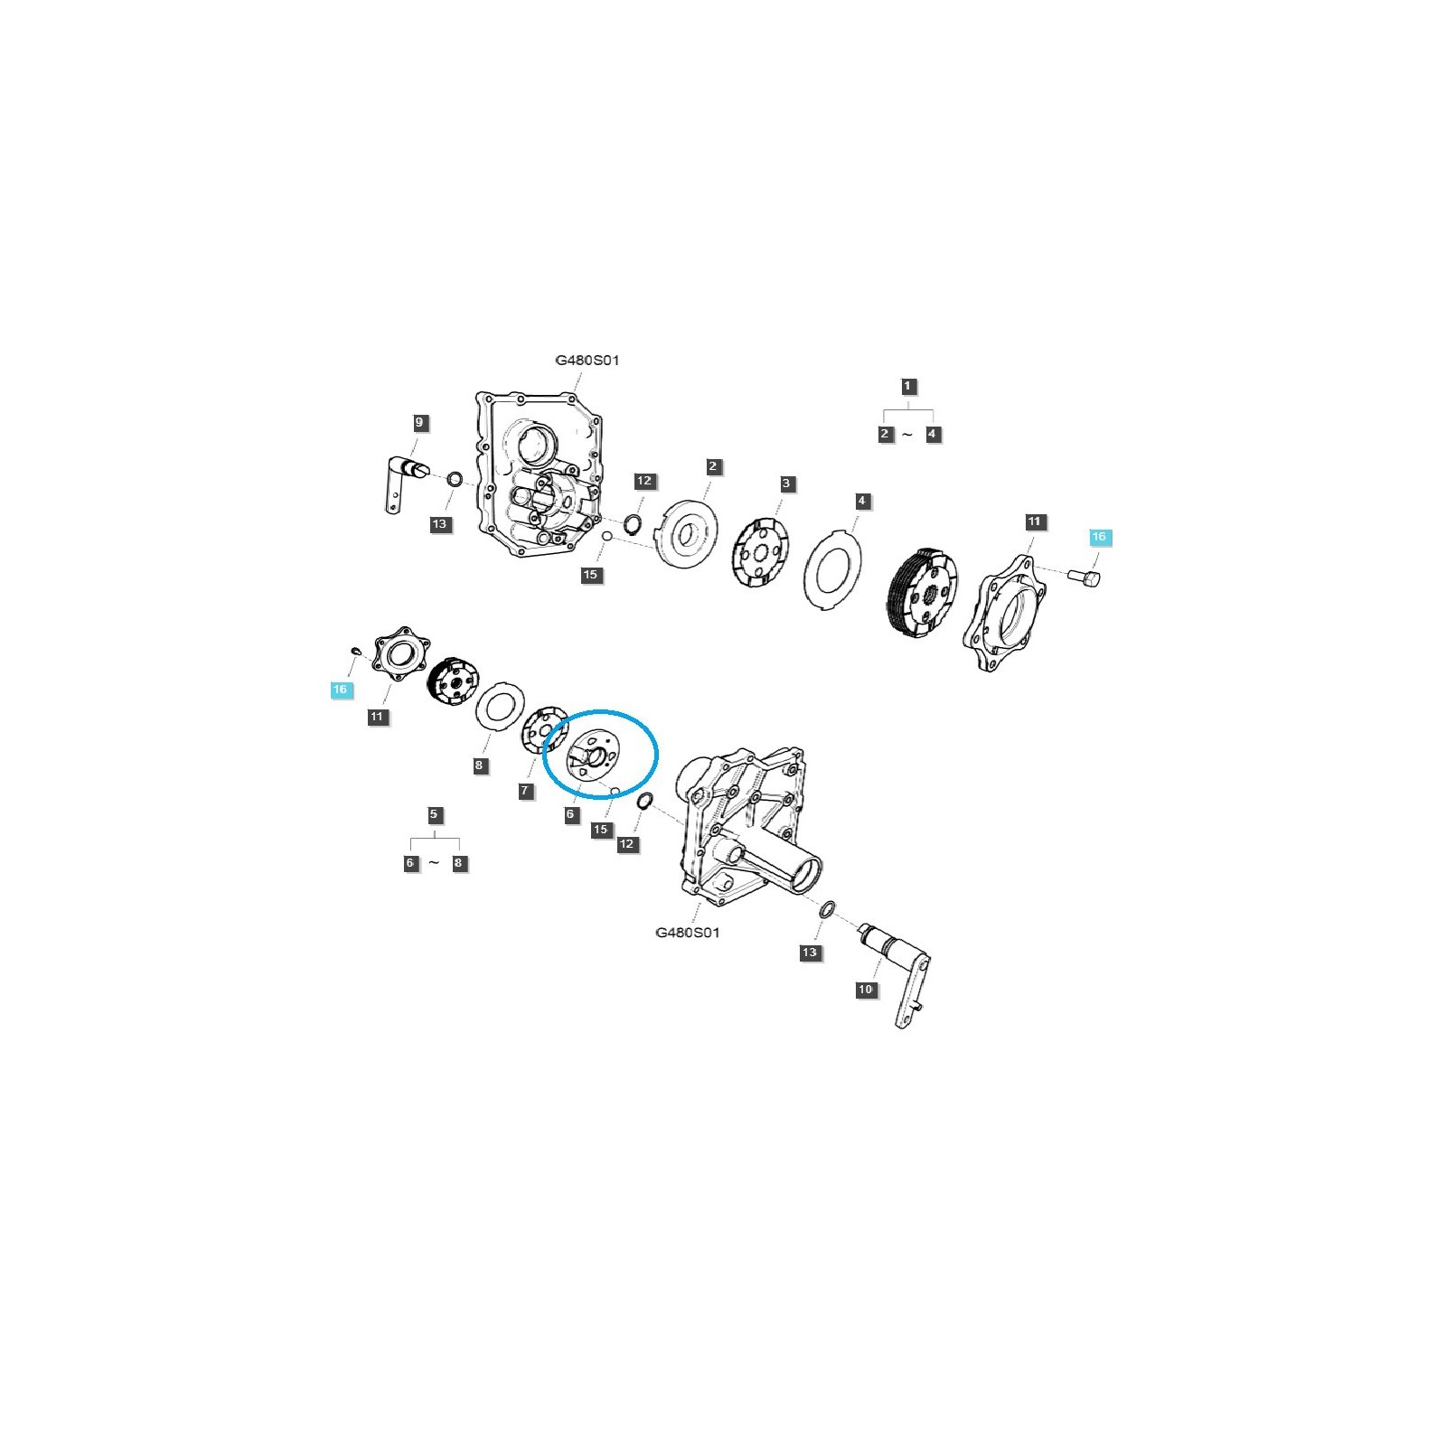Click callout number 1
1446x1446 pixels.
pos(908,386)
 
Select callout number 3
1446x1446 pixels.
pos(786,484)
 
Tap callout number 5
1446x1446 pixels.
pos(434,814)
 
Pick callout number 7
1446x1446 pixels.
pos(526,791)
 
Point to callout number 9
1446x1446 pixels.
pos(418,422)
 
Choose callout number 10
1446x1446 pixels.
pos(866,990)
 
